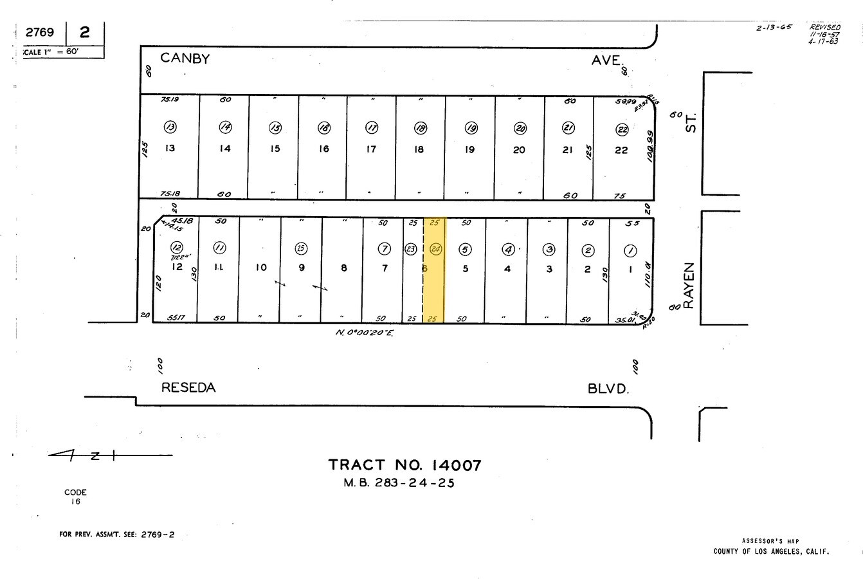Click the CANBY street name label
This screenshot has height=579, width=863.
pos(185,58)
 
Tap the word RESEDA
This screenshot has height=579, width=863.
pos(188,387)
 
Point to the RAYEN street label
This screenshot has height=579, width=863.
pos(689,285)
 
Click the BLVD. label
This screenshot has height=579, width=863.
pos(608,389)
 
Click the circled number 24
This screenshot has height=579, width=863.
pos(435,249)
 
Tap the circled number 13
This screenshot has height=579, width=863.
pos(170,127)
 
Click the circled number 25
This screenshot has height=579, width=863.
pos(300,248)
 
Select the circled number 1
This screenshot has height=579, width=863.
pos(630,250)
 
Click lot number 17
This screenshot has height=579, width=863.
pos(371,149)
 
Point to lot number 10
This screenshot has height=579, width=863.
pos(260,268)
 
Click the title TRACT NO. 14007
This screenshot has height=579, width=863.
pos(404,464)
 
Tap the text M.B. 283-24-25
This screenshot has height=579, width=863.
pos(399,483)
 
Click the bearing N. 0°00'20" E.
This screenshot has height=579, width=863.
pos(364,333)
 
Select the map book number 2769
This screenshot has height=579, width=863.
pos(40,32)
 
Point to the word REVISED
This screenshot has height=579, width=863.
pos(824,28)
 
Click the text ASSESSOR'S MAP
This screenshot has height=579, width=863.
pos(770,541)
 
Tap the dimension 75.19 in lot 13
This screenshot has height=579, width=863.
pos(170,100)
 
